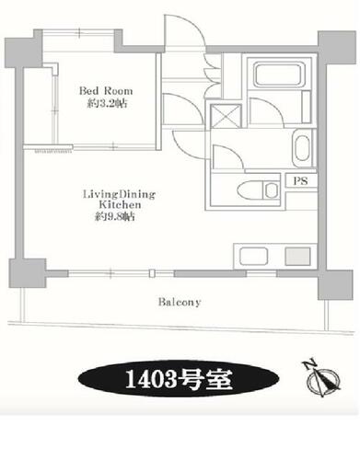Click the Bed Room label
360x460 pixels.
coord(106,91)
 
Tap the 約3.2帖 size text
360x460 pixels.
coord(107,104)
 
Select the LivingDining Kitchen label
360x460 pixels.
coord(120,200)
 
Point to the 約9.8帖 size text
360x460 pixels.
coord(114,217)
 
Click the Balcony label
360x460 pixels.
coord(180,302)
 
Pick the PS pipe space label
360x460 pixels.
coord(300,181)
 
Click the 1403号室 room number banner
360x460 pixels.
coord(179,379)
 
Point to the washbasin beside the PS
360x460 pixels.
coord(302,148)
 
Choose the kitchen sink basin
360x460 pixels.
coord(253,256)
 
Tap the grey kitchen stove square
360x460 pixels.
coord(297,256)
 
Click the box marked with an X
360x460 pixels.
coord(226,115)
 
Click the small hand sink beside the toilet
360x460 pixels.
coord(271,190)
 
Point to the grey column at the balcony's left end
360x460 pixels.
coord(28,273)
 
